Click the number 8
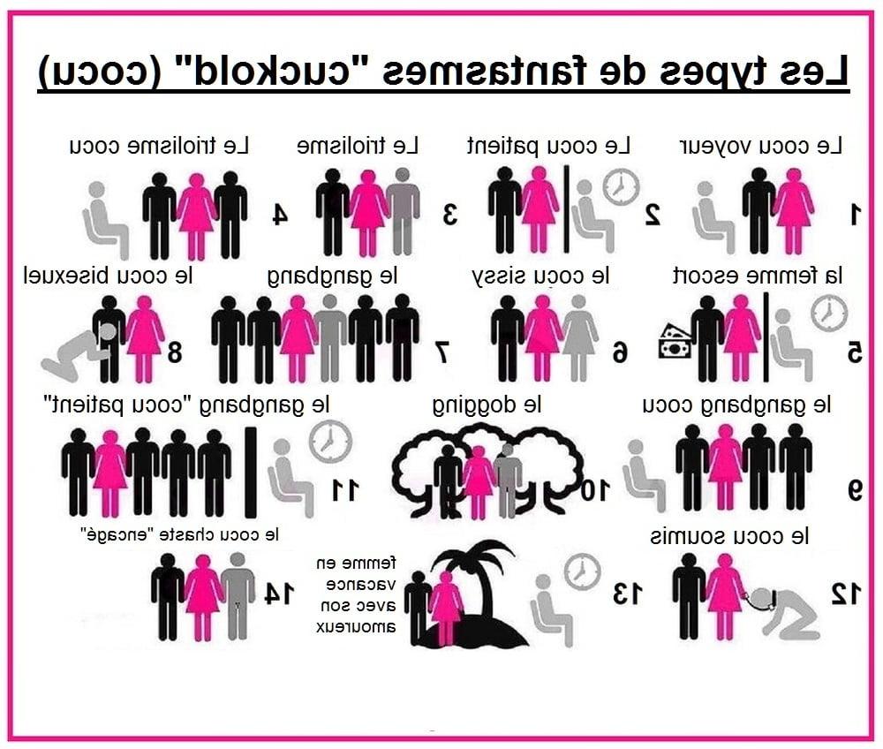coord(175,352)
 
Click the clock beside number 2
coord(621,186)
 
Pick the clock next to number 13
coord(583,571)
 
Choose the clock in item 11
coord(330,442)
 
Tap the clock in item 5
coord(829,314)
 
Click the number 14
coord(279,593)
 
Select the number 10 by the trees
coord(595,490)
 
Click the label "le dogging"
coord(487,405)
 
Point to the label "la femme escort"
coord(758,276)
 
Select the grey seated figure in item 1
coord(713,216)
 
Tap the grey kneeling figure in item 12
coord(787,615)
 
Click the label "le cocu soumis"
coord(730,537)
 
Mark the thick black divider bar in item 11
coord(251,472)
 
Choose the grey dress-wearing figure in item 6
coord(579,337)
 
